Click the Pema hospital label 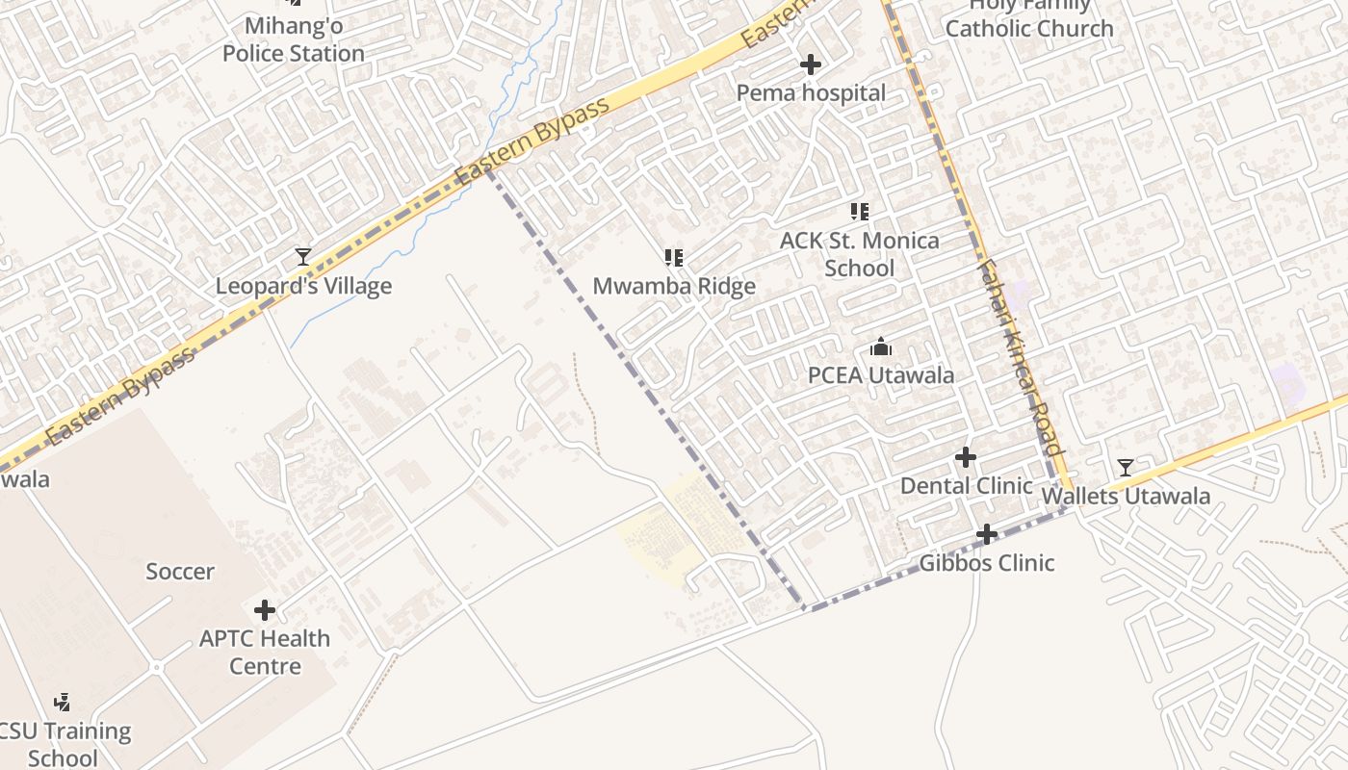point(811,93)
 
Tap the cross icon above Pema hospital point(811,64)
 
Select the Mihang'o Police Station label point(294,39)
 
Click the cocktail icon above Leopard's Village point(303,257)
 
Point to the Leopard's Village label point(303,286)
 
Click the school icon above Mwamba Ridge point(674,258)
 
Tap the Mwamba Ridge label point(674,286)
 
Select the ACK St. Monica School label point(859,254)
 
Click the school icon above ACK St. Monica point(859,212)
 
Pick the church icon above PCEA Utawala point(880,346)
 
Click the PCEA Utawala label point(880,375)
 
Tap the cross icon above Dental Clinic point(966,457)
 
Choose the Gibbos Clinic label point(987,563)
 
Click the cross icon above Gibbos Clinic point(987,534)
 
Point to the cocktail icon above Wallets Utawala point(1125,468)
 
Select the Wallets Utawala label point(1126,497)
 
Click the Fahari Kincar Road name point(1018,356)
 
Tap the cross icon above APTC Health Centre point(265,610)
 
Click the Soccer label point(180,572)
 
